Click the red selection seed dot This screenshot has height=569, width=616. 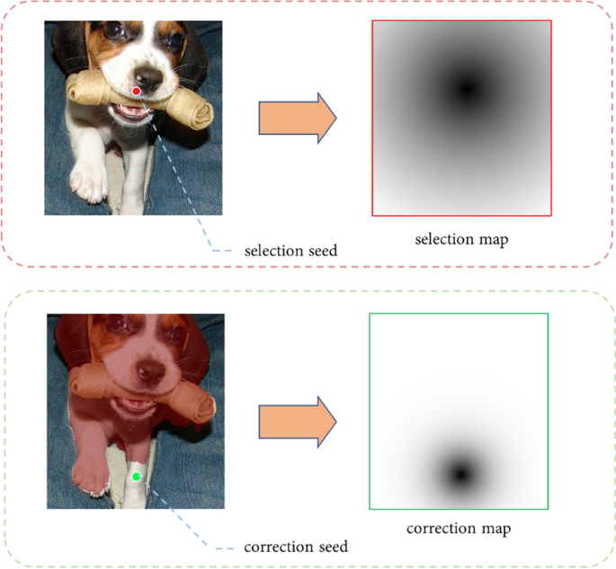(x=136, y=92)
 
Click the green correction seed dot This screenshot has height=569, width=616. (x=136, y=476)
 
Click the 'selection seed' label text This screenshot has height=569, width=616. (x=290, y=251)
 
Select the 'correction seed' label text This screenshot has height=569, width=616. (x=295, y=547)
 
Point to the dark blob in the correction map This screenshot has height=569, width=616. (x=460, y=473)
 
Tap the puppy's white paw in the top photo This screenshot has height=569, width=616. (x=89, y=182)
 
